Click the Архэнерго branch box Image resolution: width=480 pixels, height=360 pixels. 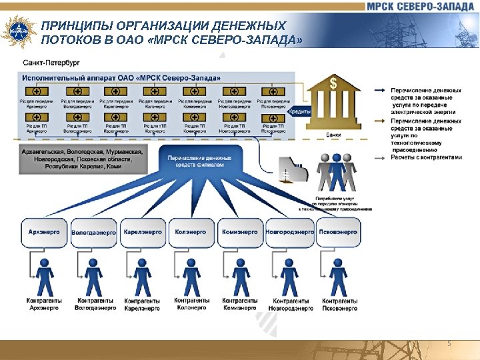[44, 233]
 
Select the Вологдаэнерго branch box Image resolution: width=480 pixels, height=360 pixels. [93, 233]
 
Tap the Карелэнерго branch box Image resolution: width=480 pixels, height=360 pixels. [142, 233]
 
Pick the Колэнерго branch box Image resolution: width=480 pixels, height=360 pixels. [191, 233]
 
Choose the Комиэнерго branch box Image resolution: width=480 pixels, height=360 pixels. [239, 233]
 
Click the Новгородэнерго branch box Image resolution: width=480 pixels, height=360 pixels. [289, 233]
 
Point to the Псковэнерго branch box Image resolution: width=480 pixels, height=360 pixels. [338, 233]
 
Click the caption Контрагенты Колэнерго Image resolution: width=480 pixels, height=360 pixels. [191, 304]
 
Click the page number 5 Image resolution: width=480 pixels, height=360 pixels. [449, 343]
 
